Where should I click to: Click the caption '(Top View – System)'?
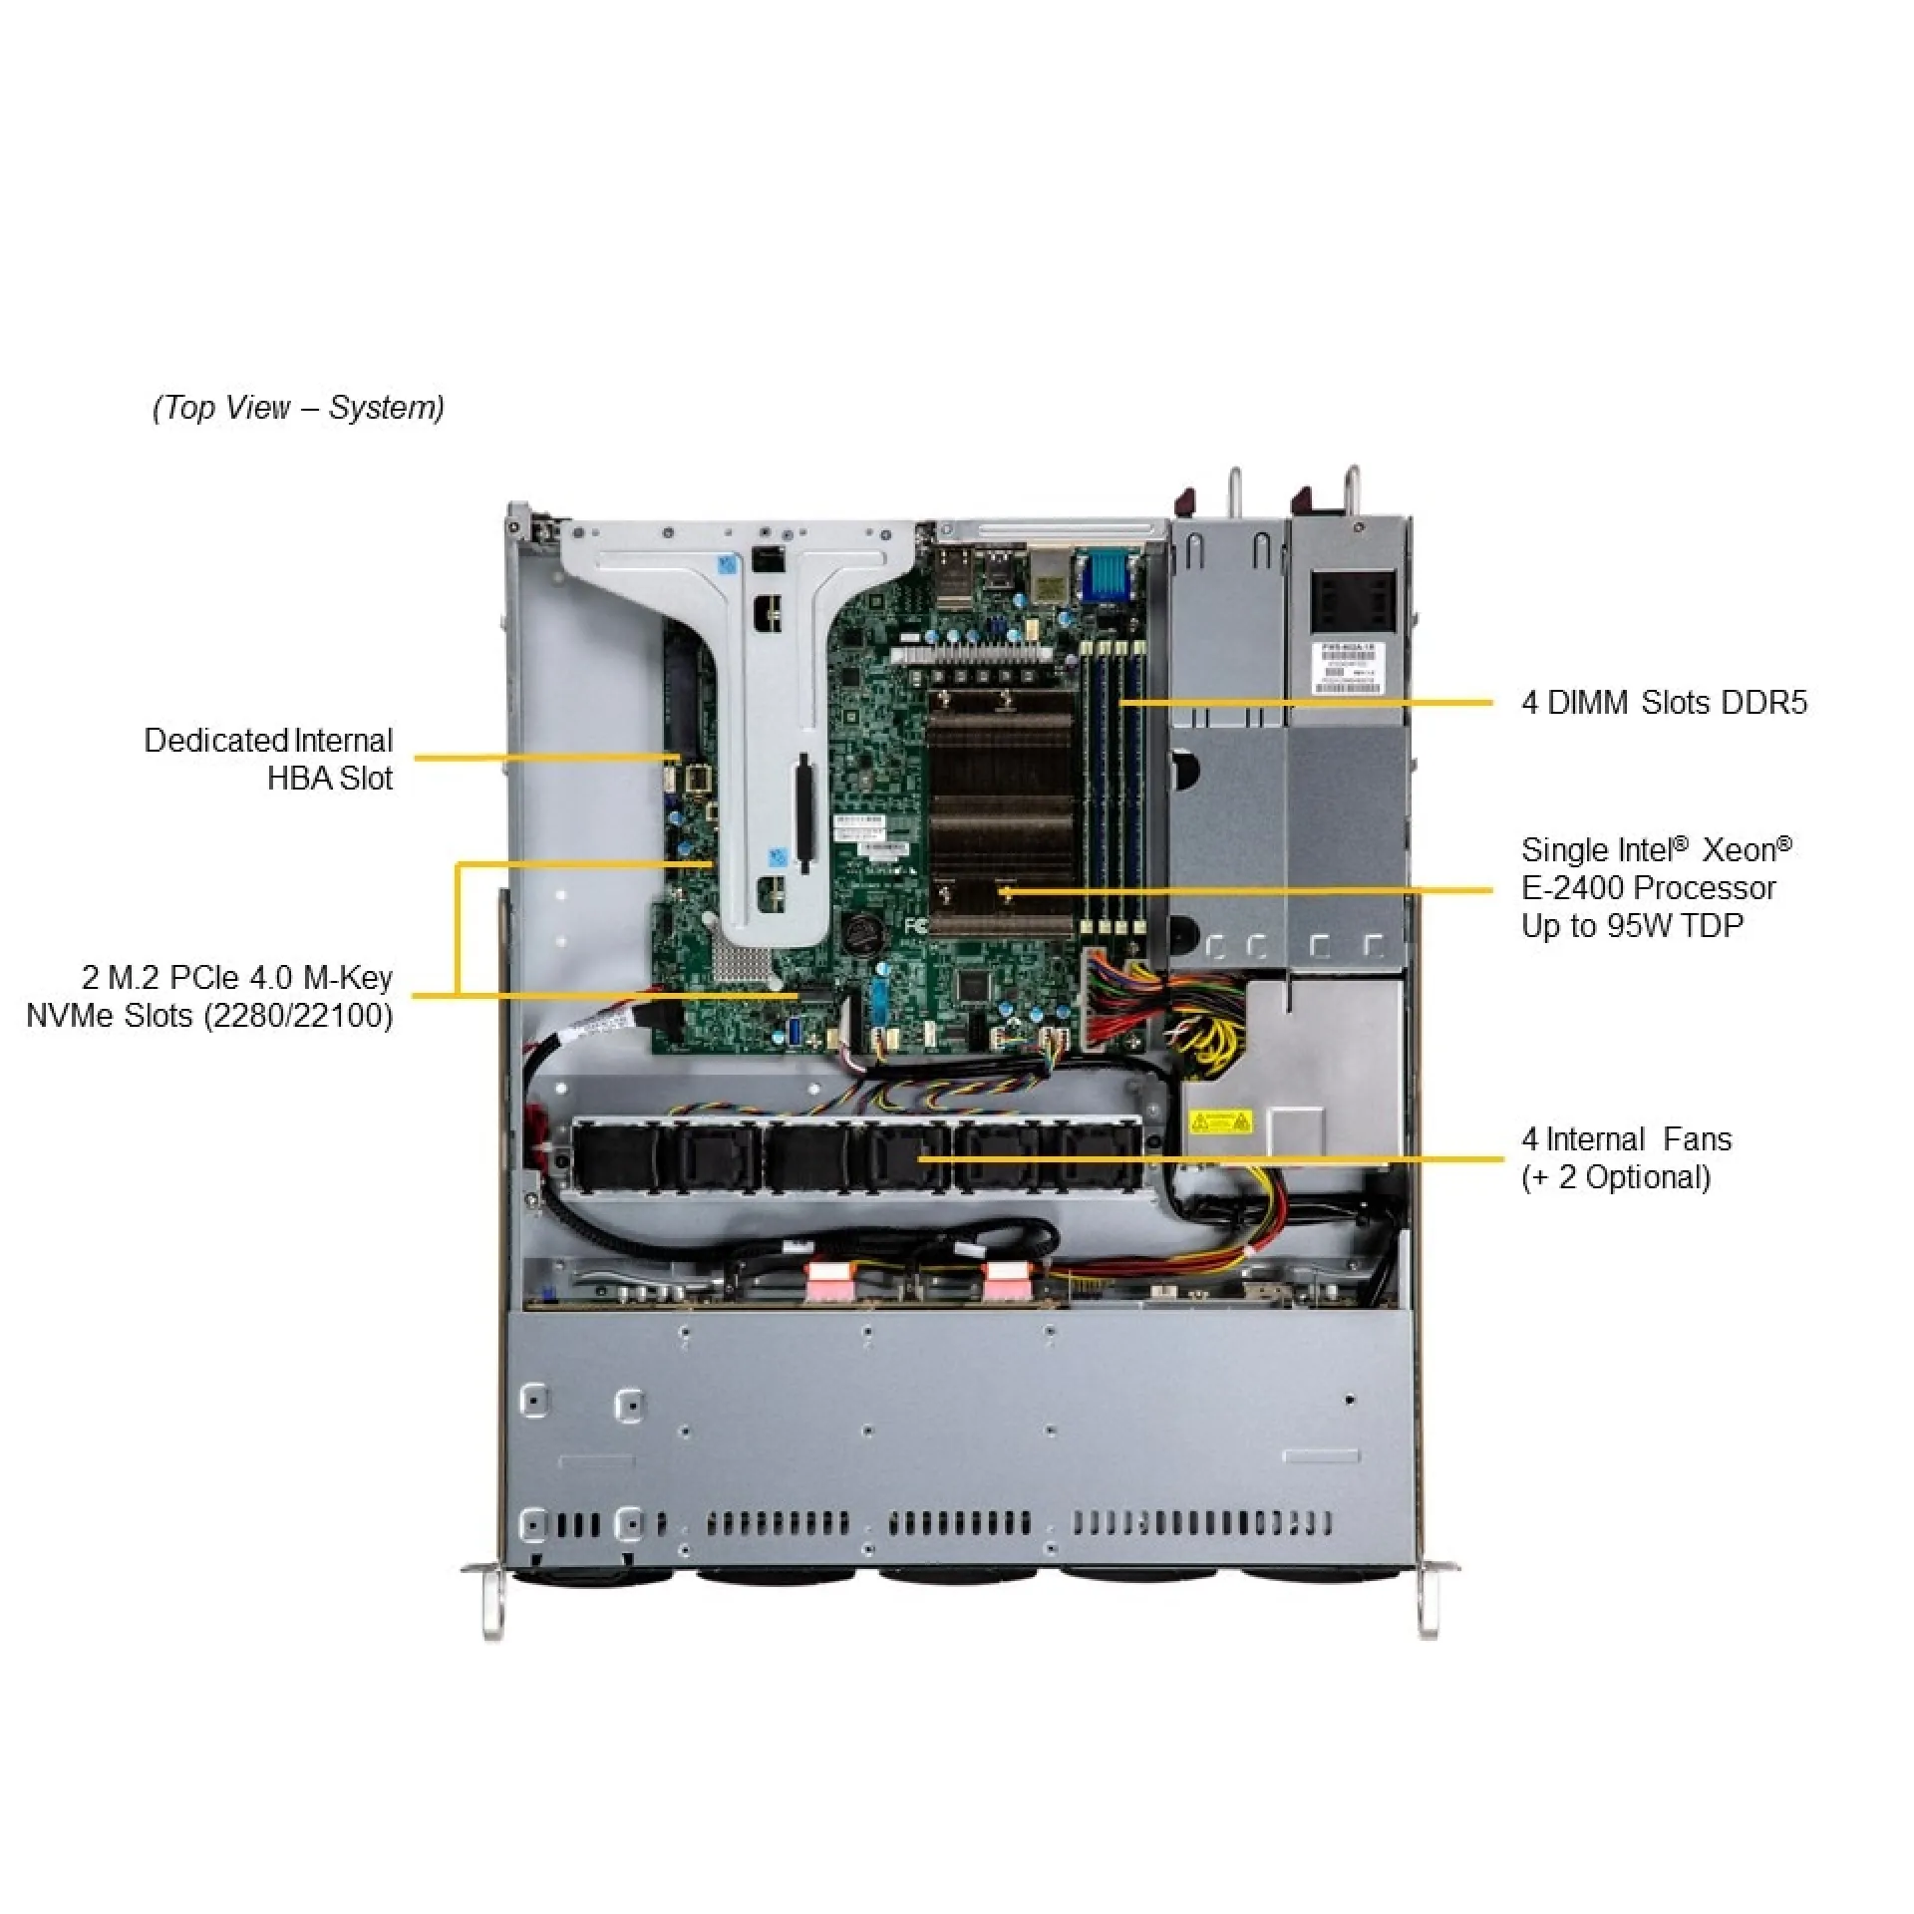point(298,408)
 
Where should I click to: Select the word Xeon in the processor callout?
point(1739,850)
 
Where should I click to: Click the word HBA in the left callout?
point(299,779)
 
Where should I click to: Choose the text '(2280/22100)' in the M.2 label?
point(298,1016)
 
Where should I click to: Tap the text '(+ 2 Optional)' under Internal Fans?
point(1615,1177)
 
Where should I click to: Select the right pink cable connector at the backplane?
point(1005,1282)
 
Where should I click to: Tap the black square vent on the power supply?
point(1353,601)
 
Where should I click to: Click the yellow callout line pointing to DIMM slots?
point(1306,703)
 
